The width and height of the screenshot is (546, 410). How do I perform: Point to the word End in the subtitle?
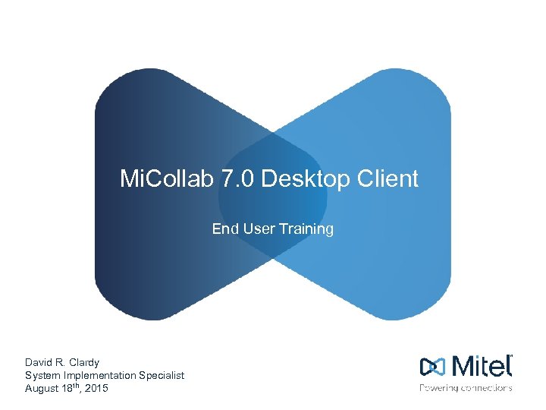tap(224, 229)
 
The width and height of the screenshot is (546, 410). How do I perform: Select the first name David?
tap(39, 362)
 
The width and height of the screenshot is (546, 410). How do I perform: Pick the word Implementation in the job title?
tap(99, 375)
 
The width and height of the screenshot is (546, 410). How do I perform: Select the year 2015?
tap(96, 388)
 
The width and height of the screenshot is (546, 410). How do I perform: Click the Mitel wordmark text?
tap(482, 367)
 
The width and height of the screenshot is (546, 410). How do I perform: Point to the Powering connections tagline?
tap(466, 388)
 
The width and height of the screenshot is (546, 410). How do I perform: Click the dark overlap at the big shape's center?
tap(273, 194)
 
